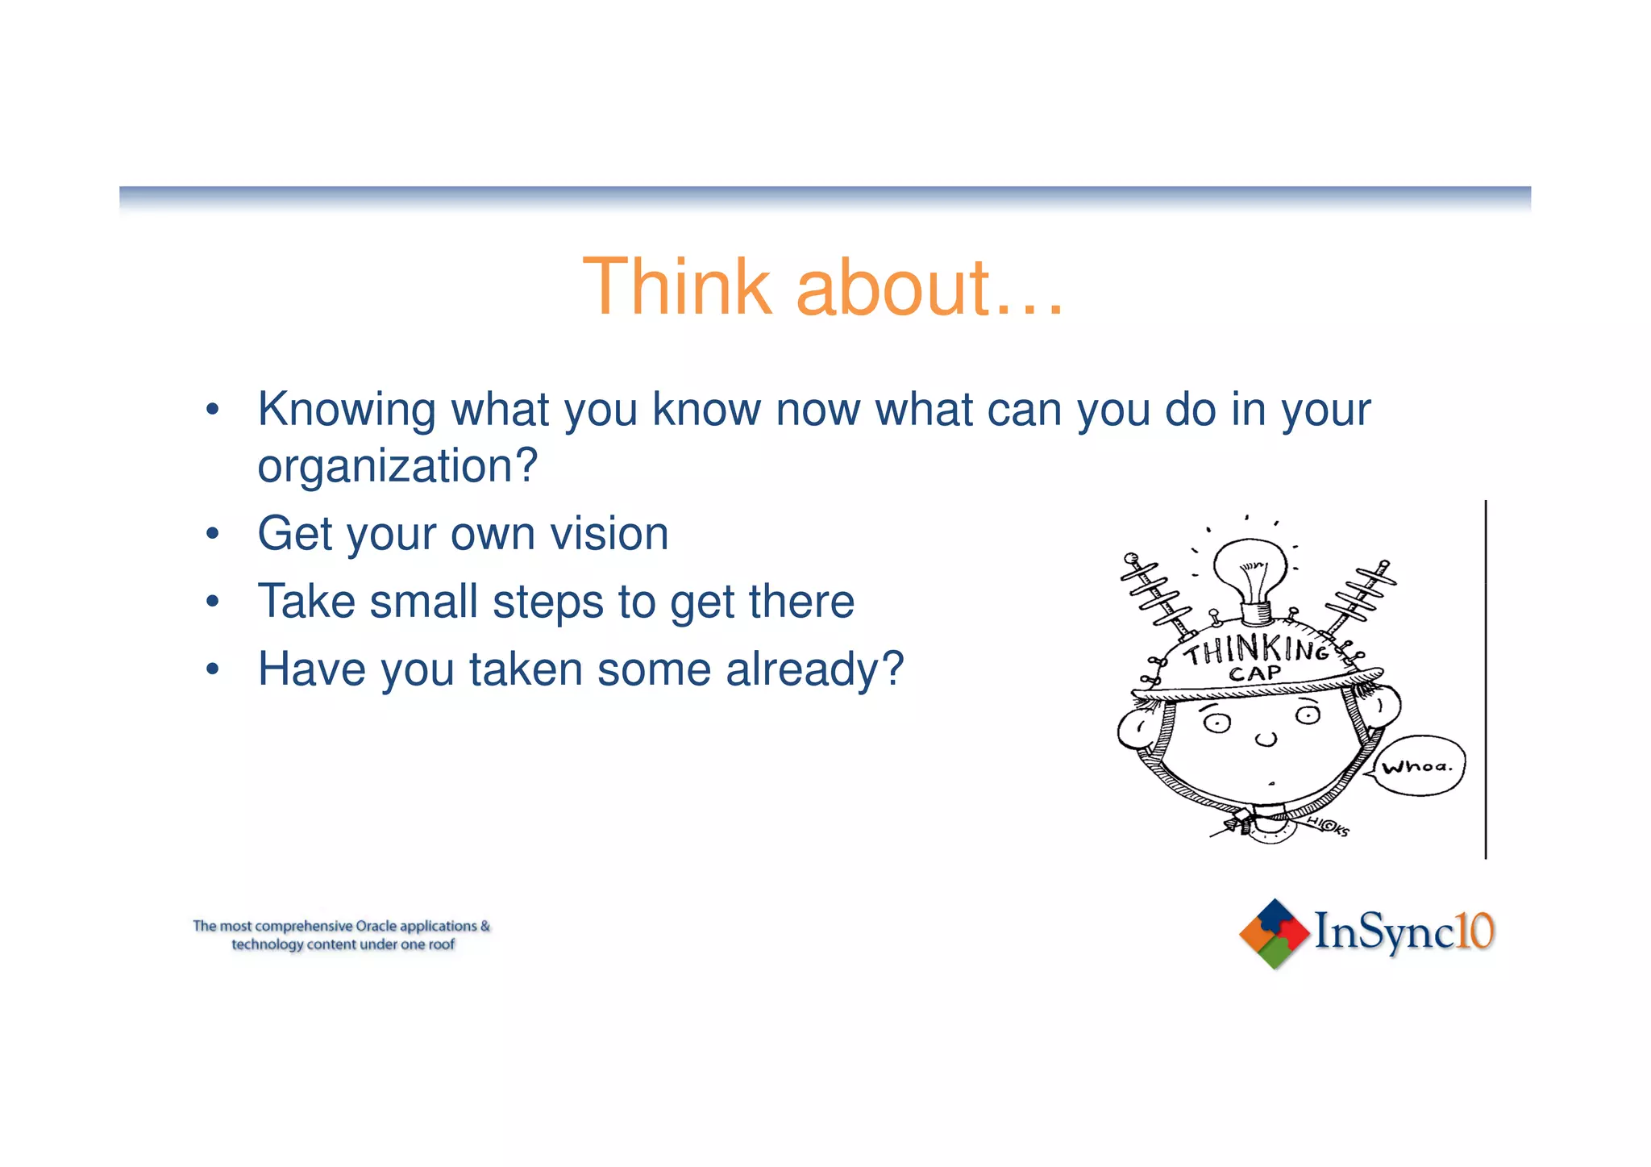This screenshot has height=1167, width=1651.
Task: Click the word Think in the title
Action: click(x=677, y=287)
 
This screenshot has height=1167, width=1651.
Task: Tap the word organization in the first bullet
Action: click(x=386, y=466)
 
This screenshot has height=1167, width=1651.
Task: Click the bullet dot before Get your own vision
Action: click(x=212, y=534)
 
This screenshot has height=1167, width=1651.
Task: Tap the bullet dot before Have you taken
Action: click(x=212, y=669)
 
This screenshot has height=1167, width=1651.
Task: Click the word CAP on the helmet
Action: click(x=1254, y=673)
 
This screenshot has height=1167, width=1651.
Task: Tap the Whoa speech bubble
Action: click(x=1417, y=765)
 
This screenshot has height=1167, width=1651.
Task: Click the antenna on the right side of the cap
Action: click(x=1362, y=597)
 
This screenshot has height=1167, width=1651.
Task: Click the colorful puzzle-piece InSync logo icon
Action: click(x=1274, y=933)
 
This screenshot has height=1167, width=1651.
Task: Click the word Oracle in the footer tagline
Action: click(x=376, y=926)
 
